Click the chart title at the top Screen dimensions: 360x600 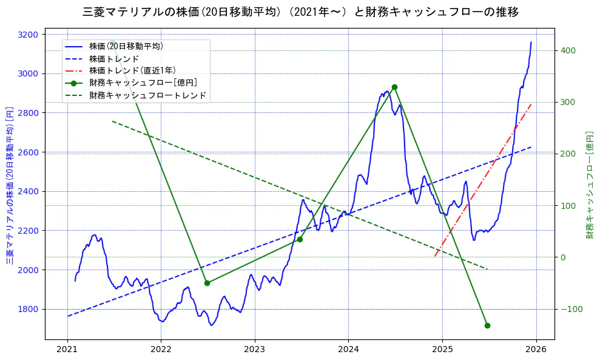[x=300, y=12]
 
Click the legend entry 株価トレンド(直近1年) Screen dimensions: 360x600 [x=132, y=70]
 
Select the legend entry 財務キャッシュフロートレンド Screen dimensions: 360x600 [x=147, y=95]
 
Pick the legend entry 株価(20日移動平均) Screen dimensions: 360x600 [x=126, y=46]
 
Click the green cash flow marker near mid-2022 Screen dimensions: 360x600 [x=207, y=283]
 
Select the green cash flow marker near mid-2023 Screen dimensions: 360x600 [x=300, y=239]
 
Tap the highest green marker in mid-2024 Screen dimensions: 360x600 [x=394, y=87]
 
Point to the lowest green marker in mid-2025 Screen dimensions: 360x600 [x=487, y=325]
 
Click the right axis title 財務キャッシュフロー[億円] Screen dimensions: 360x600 [x=590, y=185]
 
